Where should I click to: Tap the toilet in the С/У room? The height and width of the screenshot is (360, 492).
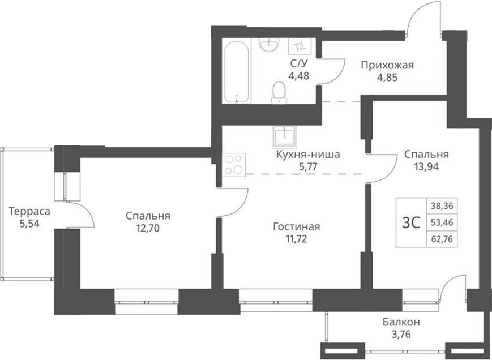tap(278, 92)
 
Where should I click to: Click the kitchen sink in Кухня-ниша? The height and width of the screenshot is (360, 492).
tap(284, 136)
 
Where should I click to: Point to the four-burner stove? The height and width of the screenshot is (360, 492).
tap(234, 165)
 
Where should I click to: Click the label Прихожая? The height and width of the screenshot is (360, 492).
tap(388, 65)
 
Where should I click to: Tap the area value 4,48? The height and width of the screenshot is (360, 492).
tap(298, 76)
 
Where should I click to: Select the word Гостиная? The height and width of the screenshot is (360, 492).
tap(296, 227)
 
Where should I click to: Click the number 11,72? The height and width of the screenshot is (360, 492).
tap(296, 239)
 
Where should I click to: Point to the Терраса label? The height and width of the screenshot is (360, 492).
tap(29, 211)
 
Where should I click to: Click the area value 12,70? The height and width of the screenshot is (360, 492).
tap(148, 228)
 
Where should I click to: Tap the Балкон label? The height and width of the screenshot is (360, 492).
tap(400, 322)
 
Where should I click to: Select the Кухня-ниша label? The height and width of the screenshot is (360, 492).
tap(307, 153)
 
